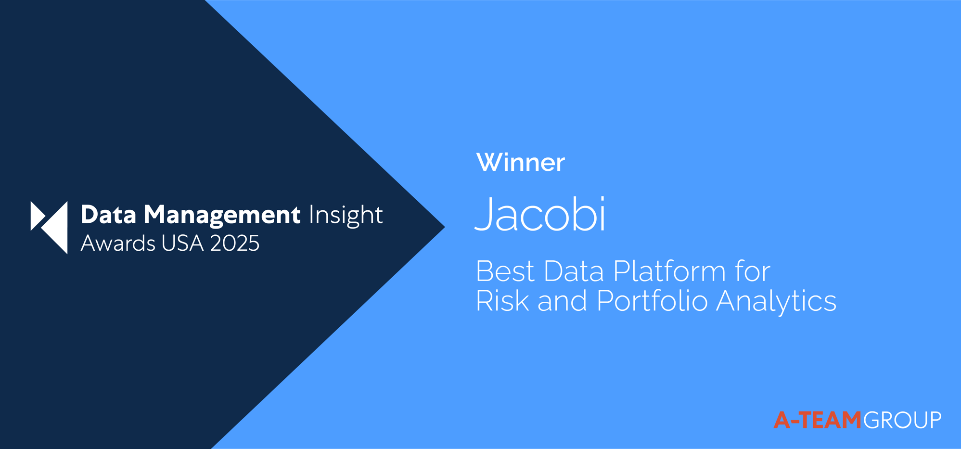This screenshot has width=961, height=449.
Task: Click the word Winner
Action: [520, 163]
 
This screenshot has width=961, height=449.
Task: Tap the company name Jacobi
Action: [540, 215]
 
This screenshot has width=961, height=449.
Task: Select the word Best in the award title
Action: [505, 271]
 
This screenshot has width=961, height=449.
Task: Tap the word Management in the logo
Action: [222, 215]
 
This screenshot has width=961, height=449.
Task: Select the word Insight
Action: [346, 215]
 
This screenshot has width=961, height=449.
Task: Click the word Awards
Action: [118, 244]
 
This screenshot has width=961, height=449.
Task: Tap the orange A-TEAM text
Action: [817, 420]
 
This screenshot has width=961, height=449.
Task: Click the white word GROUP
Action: [902, 420]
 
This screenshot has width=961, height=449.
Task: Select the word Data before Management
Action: [108, 215]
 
